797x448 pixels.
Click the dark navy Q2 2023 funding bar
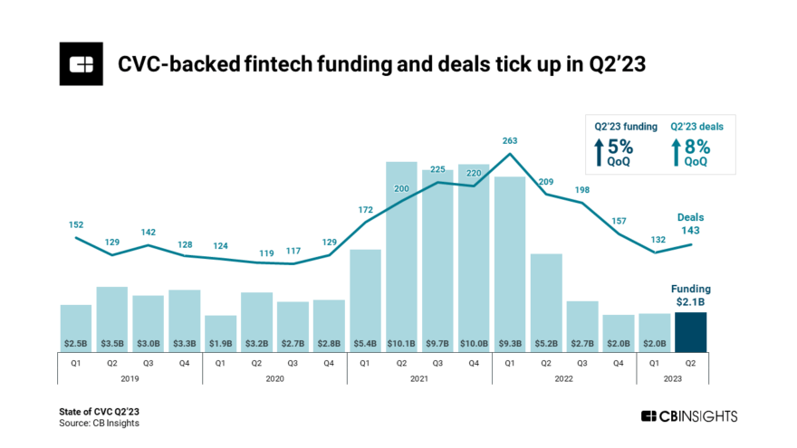(x=690, y=330)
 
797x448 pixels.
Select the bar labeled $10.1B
(x=401, y=253)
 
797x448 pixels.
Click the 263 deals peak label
(x=510, y=140)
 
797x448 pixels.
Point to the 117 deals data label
(x=293, y=251)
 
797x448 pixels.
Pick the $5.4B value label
(x=365, y=344)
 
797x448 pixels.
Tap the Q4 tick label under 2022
(x=619, y=363)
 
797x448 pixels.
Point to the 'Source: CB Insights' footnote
(x=100, y=423)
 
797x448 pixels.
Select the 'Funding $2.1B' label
(x=690, y=294)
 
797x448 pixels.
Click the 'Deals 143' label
(x=690, y=224)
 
